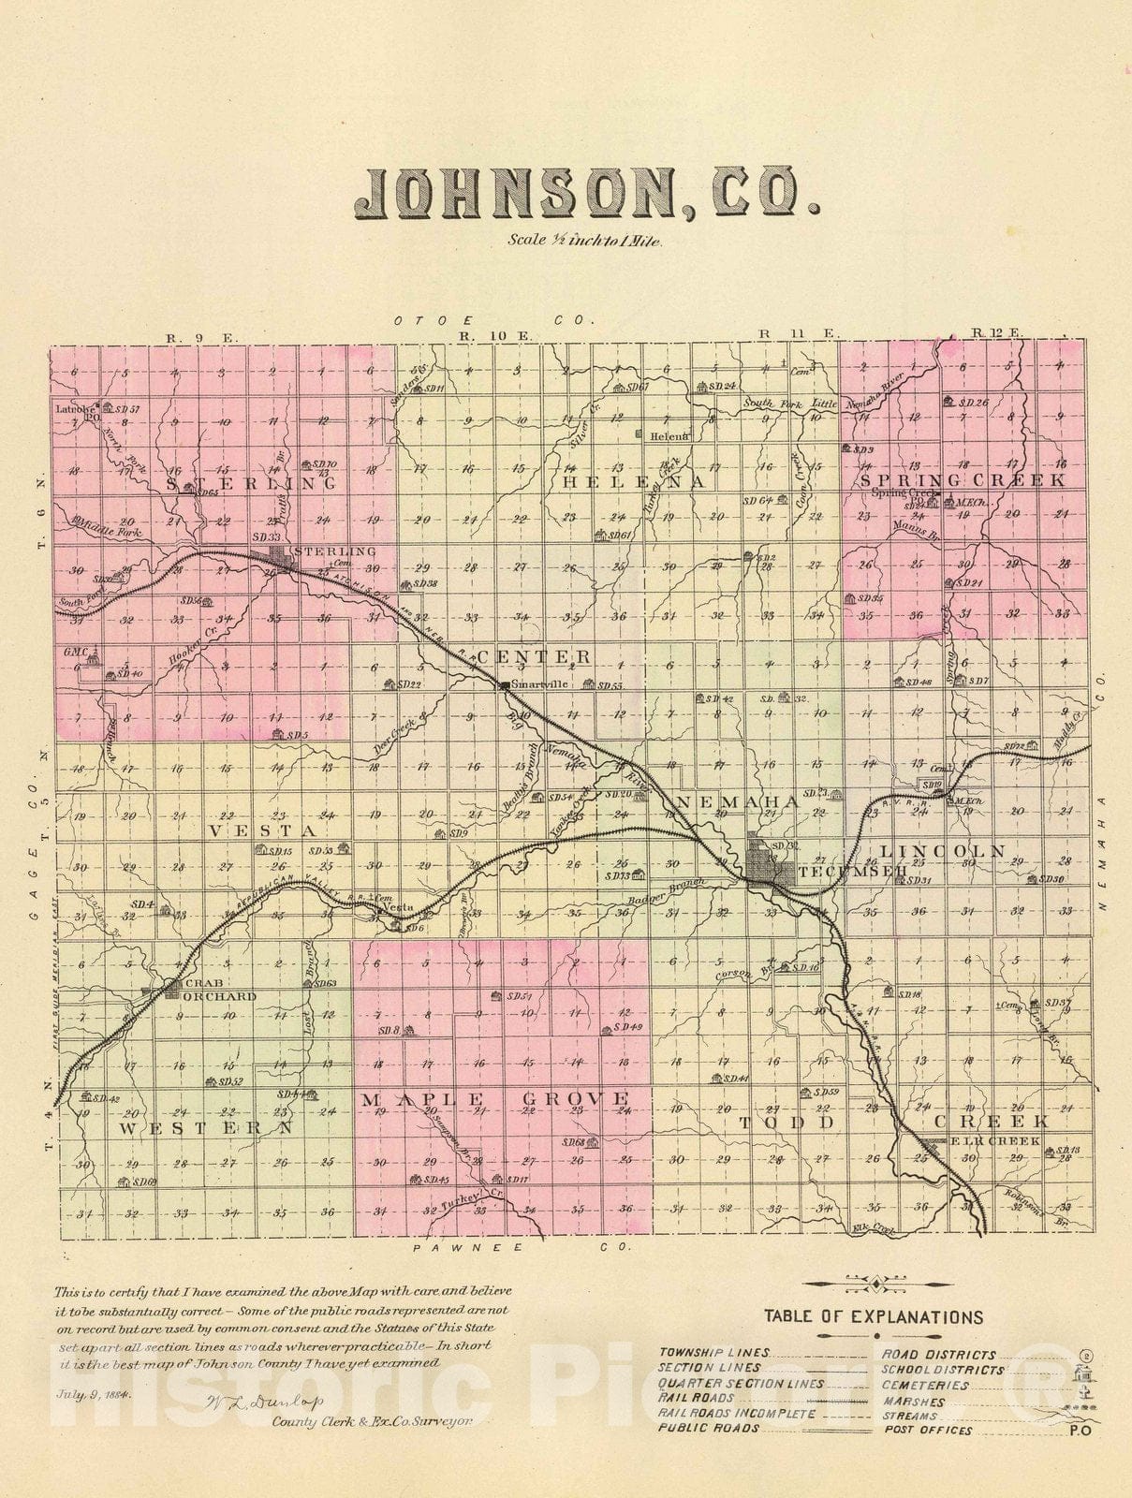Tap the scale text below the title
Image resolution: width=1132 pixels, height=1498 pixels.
pyautogui.click(x=585, y=241)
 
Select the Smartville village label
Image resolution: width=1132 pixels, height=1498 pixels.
pyautogui.click(x=540, y=684)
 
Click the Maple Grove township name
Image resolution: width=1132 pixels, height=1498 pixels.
pyautogui.click(x=496, y=1098)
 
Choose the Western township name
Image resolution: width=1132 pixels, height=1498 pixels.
pyautogui.click(x=206, y=1129)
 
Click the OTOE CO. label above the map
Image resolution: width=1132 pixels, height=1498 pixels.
pyautogui.click(x=494, y=320)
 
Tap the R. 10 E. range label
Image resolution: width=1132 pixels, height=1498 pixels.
pyautogui.click(x=480, y=335)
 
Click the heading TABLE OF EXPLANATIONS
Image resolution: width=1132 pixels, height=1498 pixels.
pyautogui.click(x=873, y=1317)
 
